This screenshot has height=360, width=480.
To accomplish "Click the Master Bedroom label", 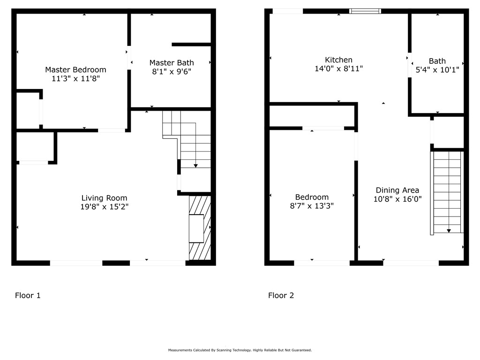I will pyautogui.click(x=75, y=70).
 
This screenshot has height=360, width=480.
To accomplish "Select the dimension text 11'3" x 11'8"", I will pyautogui.click(x=75, y=79).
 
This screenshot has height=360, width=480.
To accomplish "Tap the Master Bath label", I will pyautogui.click(x=172, y=63).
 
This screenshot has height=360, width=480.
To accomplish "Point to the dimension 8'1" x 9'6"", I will pyautogui.click(x=172, y=72).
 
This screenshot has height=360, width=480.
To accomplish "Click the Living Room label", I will pyautogui.click(x=104, y=198).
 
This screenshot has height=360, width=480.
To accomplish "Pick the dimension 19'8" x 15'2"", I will pyautogui.click(x=104, y=207).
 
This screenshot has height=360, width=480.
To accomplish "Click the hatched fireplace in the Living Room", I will pyautogui.click(x=200, y=228).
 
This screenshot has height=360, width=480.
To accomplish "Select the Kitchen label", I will pyautogui.click(x=338, y=60).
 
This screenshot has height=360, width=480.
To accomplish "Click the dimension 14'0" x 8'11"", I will pyautogui.click(x=338, y=69).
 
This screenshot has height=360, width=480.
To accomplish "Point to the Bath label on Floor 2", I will pyautogui.click(x=437, y=61).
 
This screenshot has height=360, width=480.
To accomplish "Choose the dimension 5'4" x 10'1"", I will pyautogui.click(x=437, y=70).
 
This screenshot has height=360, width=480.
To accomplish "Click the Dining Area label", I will pyautogui.click(x=397, y=190).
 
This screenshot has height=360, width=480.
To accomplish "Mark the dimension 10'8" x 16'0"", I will pyautogui.click(x=397, y=199).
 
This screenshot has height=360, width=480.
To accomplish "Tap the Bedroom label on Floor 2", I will pyautogui.click(x=312, y=197).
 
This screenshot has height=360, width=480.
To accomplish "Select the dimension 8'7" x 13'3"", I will pyautogui.click(x=312, y=206).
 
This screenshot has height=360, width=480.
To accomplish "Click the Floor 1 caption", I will pyautogui.click(x=28, y=295).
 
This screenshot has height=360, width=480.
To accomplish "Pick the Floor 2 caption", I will pyautogui.click(x=281, y=295).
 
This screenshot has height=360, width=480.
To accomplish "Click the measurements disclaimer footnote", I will pyautogui.click(x=240, y=350).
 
